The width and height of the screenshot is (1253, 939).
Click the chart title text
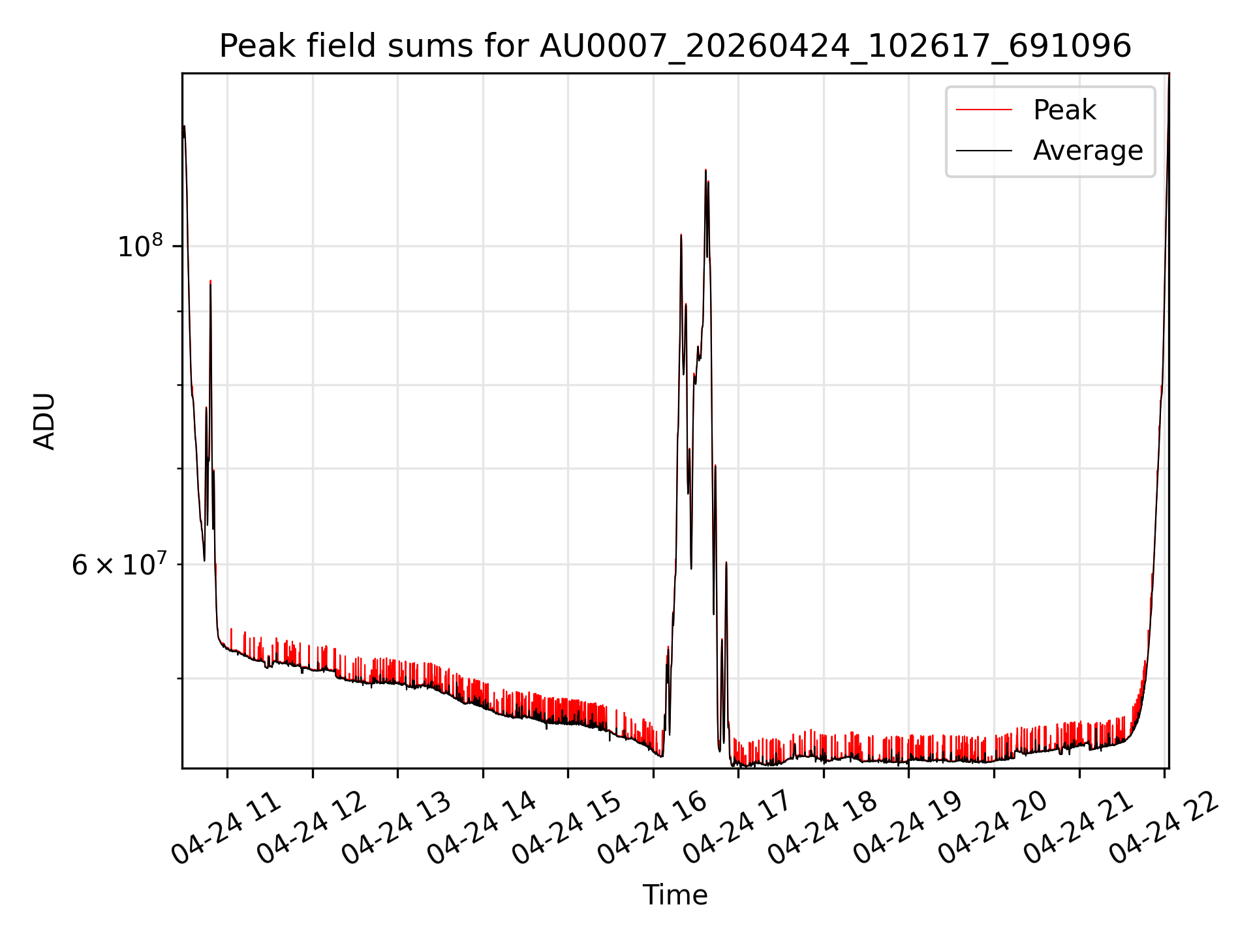(x=675, y=46)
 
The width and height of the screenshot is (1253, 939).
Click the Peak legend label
(x=1064, y=110)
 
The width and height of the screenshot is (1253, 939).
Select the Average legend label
(x=1088, y=151)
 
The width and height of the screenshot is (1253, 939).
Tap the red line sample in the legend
(x=984, y=110)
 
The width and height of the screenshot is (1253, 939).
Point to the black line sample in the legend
(x=984, y=151)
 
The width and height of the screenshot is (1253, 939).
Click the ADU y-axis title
(x=44, y=421)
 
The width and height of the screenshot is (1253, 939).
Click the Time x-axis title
(x=675, y=895)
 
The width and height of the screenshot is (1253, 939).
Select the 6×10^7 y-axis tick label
(x=119, y=564)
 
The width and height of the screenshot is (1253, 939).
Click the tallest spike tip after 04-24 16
(x=705, y=170)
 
